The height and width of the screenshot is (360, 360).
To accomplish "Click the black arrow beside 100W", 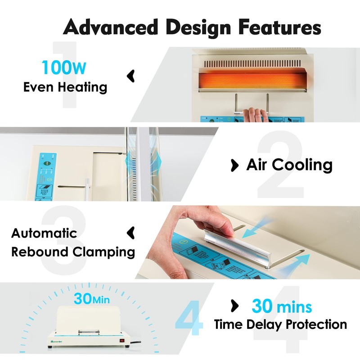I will [130, 76].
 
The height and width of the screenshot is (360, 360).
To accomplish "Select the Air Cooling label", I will [289, 165].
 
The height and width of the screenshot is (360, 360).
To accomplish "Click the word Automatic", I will [44, 233].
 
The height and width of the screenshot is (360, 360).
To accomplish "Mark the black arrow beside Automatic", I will [130, 232].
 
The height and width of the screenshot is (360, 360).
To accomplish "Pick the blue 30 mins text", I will [281, 306].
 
